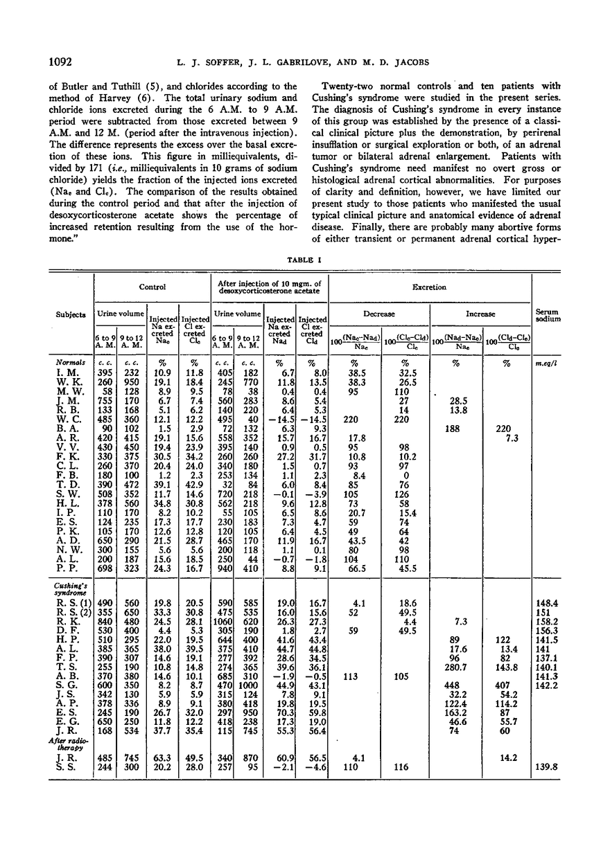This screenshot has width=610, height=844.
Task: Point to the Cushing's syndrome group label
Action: [69, 589]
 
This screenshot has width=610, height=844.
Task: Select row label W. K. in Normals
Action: [67, 382]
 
